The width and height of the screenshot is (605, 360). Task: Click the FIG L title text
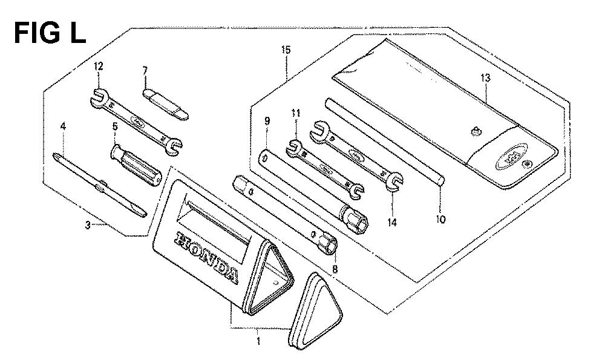tap(50, 33)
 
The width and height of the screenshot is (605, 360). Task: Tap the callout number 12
tap(99, 67)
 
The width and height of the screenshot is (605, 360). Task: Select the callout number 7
tap(145, 71)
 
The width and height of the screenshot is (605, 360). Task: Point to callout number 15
tap(286, 50)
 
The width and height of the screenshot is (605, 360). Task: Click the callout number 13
tap(485, 78)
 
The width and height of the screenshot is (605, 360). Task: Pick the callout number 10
tap(440, 219)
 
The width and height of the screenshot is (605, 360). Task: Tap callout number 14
tap(392, 222)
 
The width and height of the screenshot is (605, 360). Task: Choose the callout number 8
tap(335, 269)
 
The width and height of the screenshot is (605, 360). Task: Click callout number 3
tap(88, 225)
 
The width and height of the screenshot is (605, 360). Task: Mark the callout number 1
tap(258, 341)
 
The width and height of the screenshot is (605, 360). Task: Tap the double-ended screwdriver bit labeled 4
tap(100, 185)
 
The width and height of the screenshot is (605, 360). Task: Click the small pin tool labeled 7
tap(166, 104)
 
